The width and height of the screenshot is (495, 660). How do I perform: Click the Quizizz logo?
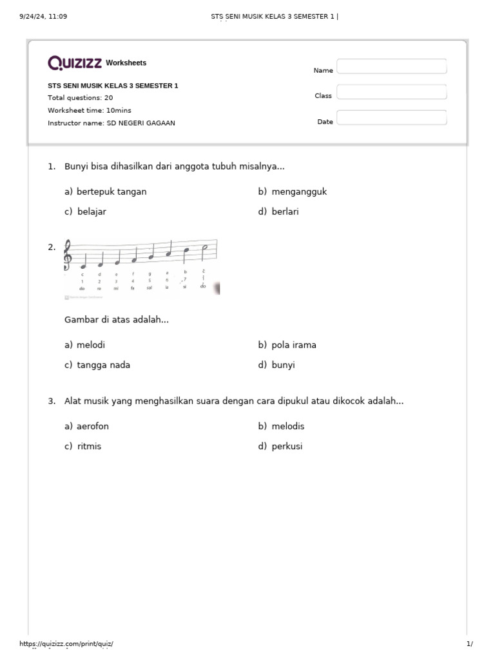tap(75, 63)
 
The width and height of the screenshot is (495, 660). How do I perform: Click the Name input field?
tap(391, 67)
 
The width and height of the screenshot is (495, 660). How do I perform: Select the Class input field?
tap(391, 93)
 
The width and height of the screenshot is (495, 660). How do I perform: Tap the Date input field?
tap(391, 118)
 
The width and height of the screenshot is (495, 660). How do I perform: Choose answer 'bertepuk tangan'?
tap(111, 191)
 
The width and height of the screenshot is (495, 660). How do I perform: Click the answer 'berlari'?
tap(285, 211)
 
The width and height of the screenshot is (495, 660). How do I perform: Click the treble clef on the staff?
tap(68, 256)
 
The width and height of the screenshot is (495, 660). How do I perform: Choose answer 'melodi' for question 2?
tap(90, 345)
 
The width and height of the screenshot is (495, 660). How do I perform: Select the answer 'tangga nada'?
tap(103, 365)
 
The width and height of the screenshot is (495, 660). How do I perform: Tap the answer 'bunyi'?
tap(283, 365)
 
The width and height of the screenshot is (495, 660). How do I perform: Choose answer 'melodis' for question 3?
tap(287, 426)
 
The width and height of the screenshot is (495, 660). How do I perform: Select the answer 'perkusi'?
tap(287, 446)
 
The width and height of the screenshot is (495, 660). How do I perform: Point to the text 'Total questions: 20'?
tap(80, 97)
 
